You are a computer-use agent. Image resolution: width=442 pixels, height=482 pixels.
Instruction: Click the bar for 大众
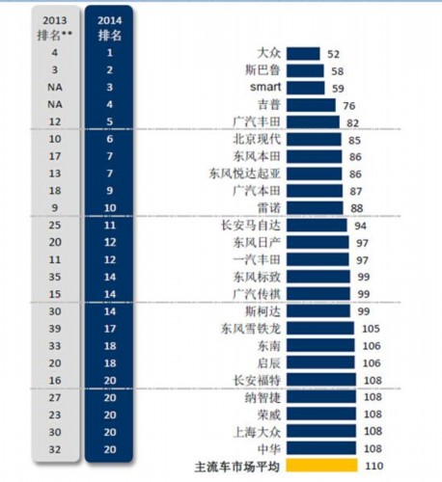coord(303,54)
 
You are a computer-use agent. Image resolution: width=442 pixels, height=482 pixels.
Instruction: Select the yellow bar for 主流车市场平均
coord(321,466)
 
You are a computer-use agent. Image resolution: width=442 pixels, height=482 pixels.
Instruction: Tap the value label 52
coord(333,54)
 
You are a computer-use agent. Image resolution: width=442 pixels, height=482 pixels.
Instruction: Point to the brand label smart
coord(265,87)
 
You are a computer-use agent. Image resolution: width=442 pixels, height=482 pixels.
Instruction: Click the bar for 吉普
coord(311,105)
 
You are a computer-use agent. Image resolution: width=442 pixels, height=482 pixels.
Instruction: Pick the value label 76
coord(348,106)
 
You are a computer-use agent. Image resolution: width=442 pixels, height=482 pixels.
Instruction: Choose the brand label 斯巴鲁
coord(262,70)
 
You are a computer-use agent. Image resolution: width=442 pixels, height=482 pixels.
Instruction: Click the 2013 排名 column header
coord(55,28)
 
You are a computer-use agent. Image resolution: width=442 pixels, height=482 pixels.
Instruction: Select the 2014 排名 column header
coord(110,28)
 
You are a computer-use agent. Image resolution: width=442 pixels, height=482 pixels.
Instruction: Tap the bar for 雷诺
coord(315,208)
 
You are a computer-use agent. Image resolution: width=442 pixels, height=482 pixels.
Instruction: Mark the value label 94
coord(360,226)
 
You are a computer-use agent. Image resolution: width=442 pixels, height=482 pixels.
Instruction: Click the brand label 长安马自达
coord(251,226)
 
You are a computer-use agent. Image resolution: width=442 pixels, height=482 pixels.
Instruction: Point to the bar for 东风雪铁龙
coord(320,328)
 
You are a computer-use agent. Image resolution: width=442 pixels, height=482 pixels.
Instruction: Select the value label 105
coord(371,329)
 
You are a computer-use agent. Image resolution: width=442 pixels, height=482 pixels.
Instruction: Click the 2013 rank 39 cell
coord(55,329)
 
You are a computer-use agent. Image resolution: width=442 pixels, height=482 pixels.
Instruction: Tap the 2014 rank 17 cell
coord(110,329)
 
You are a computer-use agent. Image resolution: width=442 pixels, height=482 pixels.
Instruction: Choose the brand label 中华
coord(269,448)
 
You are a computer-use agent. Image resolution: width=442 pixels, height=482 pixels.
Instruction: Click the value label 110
coord(373,466)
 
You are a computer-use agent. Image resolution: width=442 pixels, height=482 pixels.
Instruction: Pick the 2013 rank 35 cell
coord(55,277)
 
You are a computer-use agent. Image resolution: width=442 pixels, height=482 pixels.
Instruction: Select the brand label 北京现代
coord(257,139)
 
